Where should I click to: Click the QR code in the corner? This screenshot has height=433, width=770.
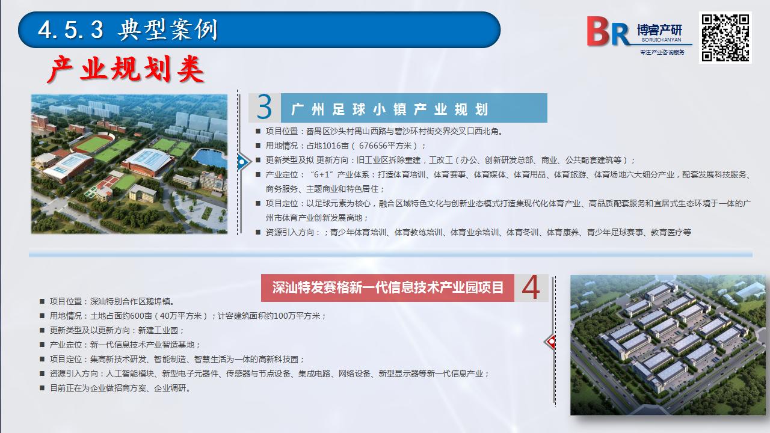point(725,37)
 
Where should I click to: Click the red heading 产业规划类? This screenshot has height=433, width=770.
point(126,69)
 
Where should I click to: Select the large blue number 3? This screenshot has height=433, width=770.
point(264,107)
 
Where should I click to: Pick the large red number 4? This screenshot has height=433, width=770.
point(531,287)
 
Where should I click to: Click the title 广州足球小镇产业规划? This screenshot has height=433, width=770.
point(389,109)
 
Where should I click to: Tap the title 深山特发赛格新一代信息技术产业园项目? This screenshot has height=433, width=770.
point(388,287)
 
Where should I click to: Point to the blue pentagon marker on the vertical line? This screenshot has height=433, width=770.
point(244,162)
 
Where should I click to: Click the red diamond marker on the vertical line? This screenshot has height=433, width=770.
point(550,342)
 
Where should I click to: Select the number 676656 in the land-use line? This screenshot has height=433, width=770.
point(373,146)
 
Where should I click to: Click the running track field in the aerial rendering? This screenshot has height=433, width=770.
point(93,143)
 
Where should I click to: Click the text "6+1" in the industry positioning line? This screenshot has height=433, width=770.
point(322,174)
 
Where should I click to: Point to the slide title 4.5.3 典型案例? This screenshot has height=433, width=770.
point(128,29)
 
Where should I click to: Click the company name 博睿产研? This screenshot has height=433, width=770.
point(660,30)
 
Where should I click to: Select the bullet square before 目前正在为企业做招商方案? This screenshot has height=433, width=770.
point(42,388)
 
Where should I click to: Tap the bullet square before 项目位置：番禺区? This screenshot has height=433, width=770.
point(258,131)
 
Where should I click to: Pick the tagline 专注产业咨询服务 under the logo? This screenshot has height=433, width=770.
point(662,52)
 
